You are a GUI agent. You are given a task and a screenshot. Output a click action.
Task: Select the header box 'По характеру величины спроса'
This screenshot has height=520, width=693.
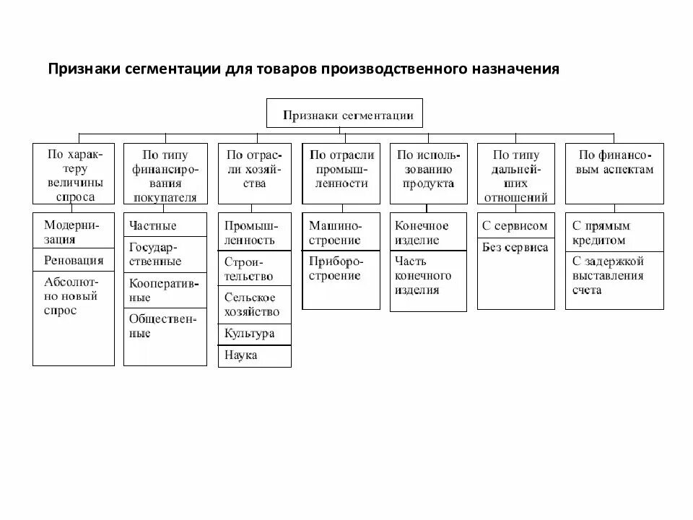pyautogui.click(x=74, y=173)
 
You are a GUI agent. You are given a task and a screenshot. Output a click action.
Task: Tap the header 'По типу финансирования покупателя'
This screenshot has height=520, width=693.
pyautogui.click(x=165, y=173)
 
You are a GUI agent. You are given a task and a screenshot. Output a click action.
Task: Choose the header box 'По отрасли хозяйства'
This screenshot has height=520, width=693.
pyautogui.click(x=255, y=173)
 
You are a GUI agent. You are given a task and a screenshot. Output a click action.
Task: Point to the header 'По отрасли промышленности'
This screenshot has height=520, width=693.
pyautogui.click(x=341, y=173)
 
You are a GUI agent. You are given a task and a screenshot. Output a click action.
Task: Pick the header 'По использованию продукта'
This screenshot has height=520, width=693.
pyautogui.click(x=427, y=173)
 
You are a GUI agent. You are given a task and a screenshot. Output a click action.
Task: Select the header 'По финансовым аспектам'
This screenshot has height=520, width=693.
pyautogui.click(x=614, y=173)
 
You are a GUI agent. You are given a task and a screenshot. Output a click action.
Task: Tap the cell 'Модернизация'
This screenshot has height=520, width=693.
pyautogui.click(x=74, y=231)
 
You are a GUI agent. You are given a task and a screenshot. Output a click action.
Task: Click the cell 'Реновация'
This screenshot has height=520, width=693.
pyautogui.click(x=74, y=261)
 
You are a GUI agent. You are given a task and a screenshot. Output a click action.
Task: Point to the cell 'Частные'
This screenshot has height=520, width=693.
pyautogui.click(x=165, y=225)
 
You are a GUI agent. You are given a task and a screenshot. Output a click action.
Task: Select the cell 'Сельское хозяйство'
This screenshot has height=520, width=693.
pyautogui.click(x=255, y=304)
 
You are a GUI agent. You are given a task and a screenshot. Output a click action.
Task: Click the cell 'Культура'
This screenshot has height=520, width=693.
pyautogui.click(x=255, y=334)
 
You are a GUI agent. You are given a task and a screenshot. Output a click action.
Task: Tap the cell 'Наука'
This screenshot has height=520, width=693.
pyautogui.click(x=255, y=355)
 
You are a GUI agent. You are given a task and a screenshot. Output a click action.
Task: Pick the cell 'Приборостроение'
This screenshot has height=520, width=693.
pyautogui.click(x=341, y=269)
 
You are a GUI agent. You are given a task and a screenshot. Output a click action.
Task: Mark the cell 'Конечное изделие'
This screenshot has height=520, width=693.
pyautogui.click(x=427, y=232)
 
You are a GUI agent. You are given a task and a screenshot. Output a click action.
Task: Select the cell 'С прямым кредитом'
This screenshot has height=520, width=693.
pyautogui.click(x=614, y=232)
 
